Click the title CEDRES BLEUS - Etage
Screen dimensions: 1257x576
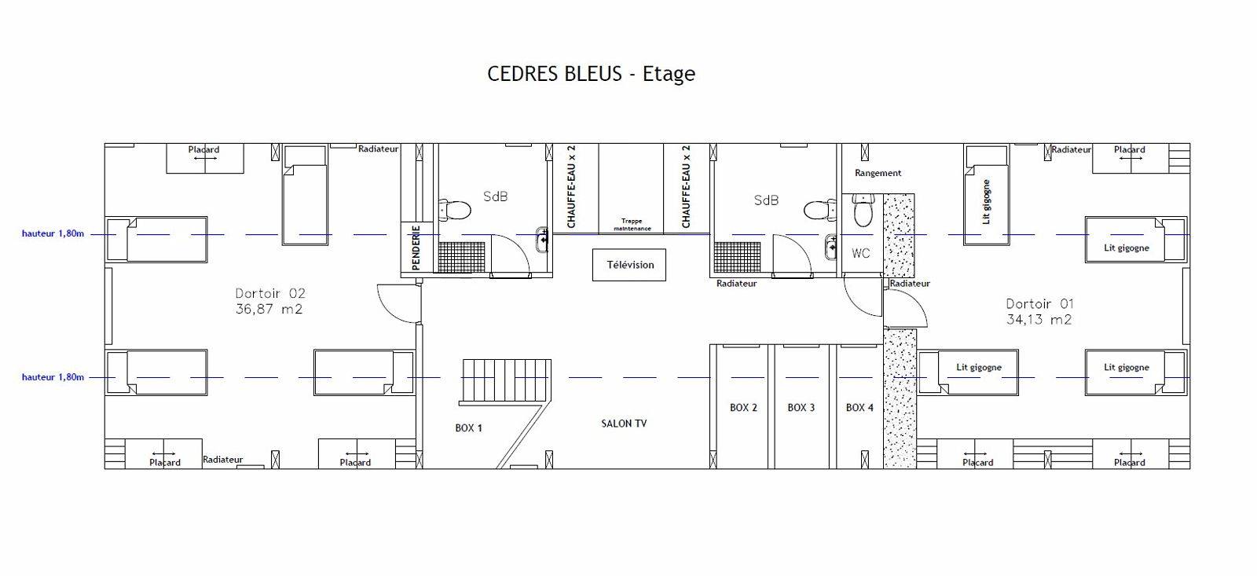pyautogui.click(x=591, y=74)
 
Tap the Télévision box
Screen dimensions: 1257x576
pyautogui.click(x=629, y=265)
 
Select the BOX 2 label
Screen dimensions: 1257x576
pyautogui.click(x=743, y=408)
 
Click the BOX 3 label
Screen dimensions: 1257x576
pyautogui.click(x=801, y=408)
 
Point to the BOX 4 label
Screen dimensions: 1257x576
pyautogui.click(x=859, y=408)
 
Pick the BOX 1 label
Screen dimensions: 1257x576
pyautogui.click(x=468, y=427)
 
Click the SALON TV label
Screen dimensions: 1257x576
pyautogui.click(x=624, y=424)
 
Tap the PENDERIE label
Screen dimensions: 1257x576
pyautogui.click(x=416, y=248)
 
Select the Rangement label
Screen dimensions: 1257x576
pyautogui.click(x=878, y=173)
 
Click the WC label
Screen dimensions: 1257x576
pyautogui.click(x=861, y=253)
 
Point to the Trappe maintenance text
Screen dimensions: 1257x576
pyautogui.click(x=632, y=225)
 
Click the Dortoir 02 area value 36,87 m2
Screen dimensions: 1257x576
pyautogui.click(x=269, y=309)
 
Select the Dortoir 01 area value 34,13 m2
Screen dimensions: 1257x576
pyautogui.click(x=1039, y=320)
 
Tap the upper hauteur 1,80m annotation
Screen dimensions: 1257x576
pyautogui.click(x=53, y=233)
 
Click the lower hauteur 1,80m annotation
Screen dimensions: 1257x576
pyautogui.click(x=53, y=377)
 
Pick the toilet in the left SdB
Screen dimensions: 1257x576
pyautogui.click(x=454, y=211)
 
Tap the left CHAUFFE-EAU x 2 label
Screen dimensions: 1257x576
pyautogui.click(x=571, y=187)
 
